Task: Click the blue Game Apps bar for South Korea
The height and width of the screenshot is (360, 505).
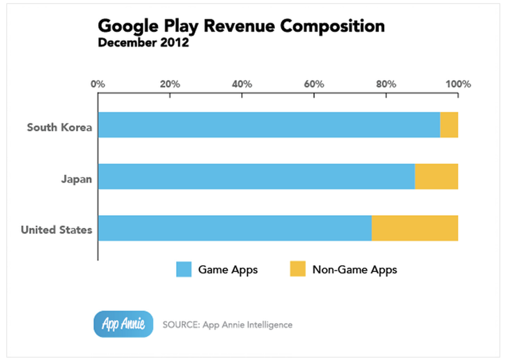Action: click(x=268, y=125)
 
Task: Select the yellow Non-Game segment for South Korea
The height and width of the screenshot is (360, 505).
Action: click(x=449, y=125)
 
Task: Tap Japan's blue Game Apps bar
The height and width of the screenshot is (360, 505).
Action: click(x=256, y=176)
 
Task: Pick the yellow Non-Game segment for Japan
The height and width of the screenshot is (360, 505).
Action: click(x=436, y=176)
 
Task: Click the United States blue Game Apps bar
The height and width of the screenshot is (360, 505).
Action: click(x=234, y=228)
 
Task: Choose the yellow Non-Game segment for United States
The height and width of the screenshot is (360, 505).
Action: click(x=415, y=228)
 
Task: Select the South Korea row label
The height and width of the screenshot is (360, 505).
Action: click(x=59, y=127)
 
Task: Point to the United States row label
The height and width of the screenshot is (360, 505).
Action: click(x=56, y=230)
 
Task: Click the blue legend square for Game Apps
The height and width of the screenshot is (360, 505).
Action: click(x=183, y=269)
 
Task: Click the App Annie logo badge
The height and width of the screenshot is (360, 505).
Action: click(x=124, y=324)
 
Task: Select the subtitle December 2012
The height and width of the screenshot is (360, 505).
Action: click(x=143, y=43)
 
